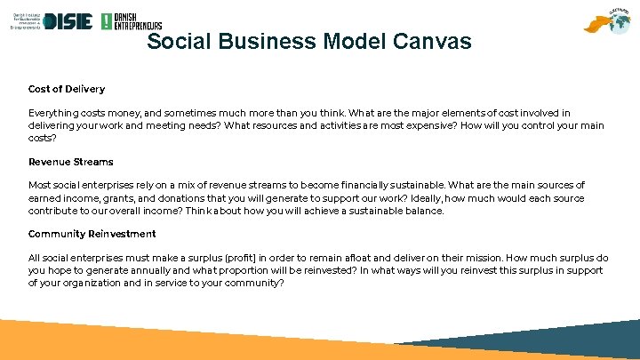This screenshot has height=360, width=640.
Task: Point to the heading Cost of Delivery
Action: click(x=67, y=89)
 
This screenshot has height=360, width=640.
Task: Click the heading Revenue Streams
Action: click(x=71, y=162)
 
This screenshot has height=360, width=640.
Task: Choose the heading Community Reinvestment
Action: click(x=92, y=234)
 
